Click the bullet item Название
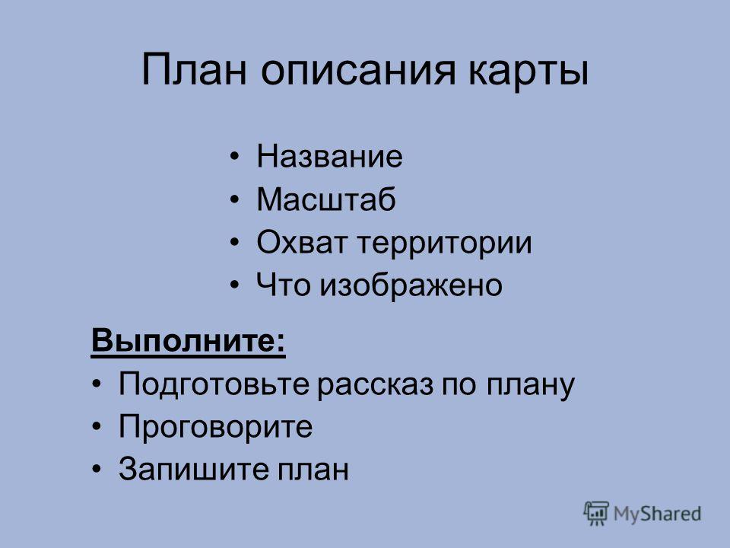click(329, 156)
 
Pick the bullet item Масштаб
click(326, 199)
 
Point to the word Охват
click(302, 242)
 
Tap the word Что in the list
click(283, 285)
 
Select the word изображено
click(411, 285)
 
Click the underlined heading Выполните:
click(188, 341)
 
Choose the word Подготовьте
click(214, 385)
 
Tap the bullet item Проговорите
click(215, 427)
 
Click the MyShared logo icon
click(596, 513)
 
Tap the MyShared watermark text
click(657, 514)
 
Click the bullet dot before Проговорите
click(97, 427)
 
